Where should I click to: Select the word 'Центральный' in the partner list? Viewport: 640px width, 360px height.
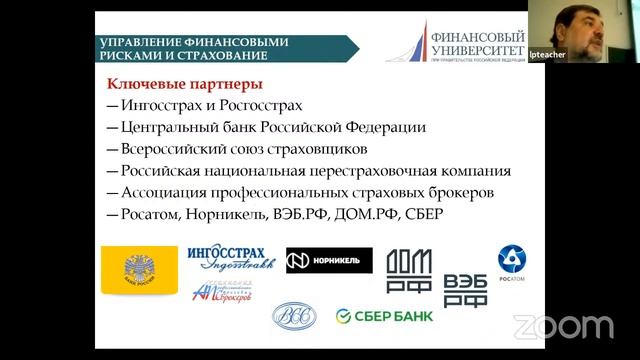[168, 127]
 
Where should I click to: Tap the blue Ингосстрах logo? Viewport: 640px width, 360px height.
[230, 258]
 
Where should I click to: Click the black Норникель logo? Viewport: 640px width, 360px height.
[329, 260]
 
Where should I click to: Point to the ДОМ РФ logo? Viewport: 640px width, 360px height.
[409, 270]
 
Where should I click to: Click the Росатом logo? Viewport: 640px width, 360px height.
[512, 262]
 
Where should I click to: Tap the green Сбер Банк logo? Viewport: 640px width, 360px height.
[384, 316]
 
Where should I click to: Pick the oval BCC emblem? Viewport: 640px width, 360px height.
[293, 316]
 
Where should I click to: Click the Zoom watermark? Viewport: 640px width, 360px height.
[563, 326]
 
